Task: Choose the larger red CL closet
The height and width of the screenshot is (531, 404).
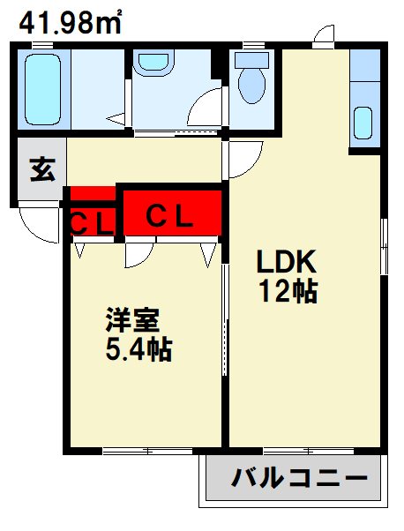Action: pyautogui.click(x=169, y=212)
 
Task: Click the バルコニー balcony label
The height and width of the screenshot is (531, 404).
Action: pyautogui.click(x=299, y=480)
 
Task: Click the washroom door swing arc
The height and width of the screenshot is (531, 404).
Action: pyautogui.click(x=205, y=113)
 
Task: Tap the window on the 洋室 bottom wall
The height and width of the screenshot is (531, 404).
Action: pyautogui.click(x=145, y=451)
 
